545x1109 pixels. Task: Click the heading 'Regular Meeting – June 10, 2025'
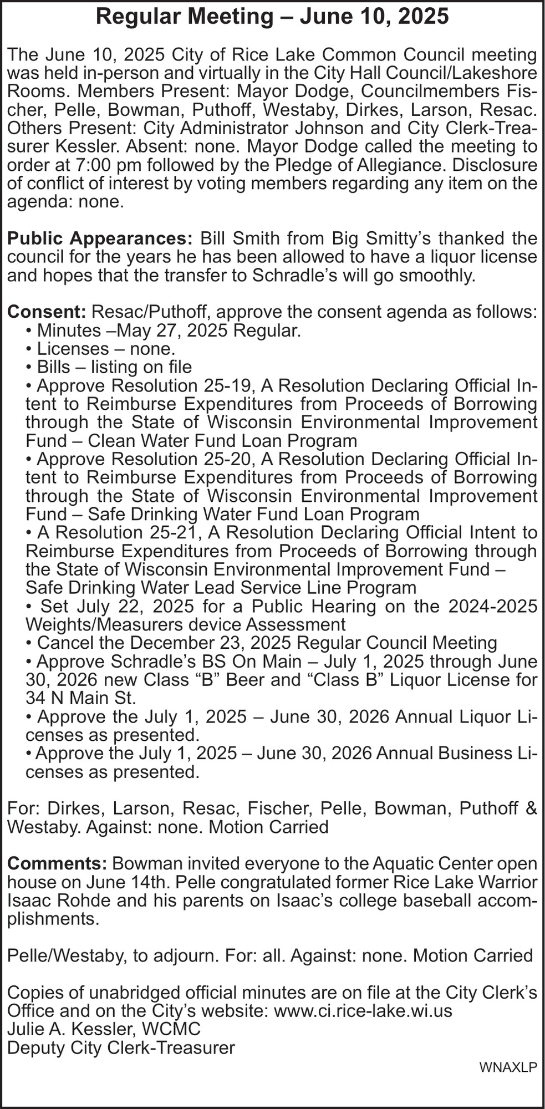click(x=272, y=17)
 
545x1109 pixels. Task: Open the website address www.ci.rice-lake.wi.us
click(x=363, y=1011)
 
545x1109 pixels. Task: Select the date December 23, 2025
click(x=216, y=643)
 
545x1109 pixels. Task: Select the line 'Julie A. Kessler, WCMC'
click(x=103, y=1030)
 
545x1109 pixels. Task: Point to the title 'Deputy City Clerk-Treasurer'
click(x=121, y=1048)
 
